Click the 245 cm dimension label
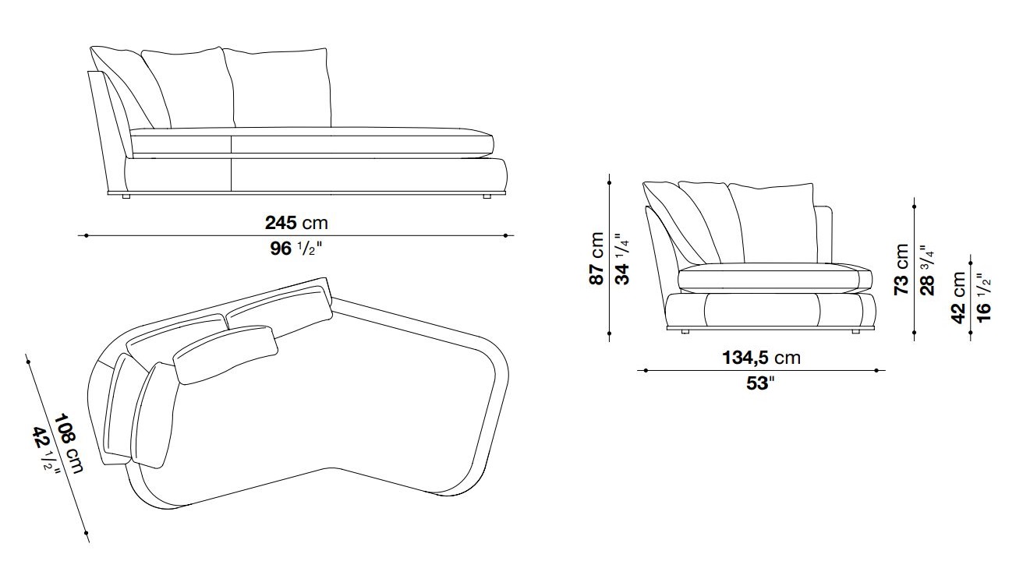pos(296,223)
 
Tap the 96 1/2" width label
pos(296,249)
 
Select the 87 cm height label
pos(596,259)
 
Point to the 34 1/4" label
pos(621,259)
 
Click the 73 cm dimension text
pos(901,270)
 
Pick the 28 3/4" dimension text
pos(927,270)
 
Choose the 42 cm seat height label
pos(958,298)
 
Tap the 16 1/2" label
pos(983,298)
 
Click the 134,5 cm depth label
pos(762,358)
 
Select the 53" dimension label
pos(760,383)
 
